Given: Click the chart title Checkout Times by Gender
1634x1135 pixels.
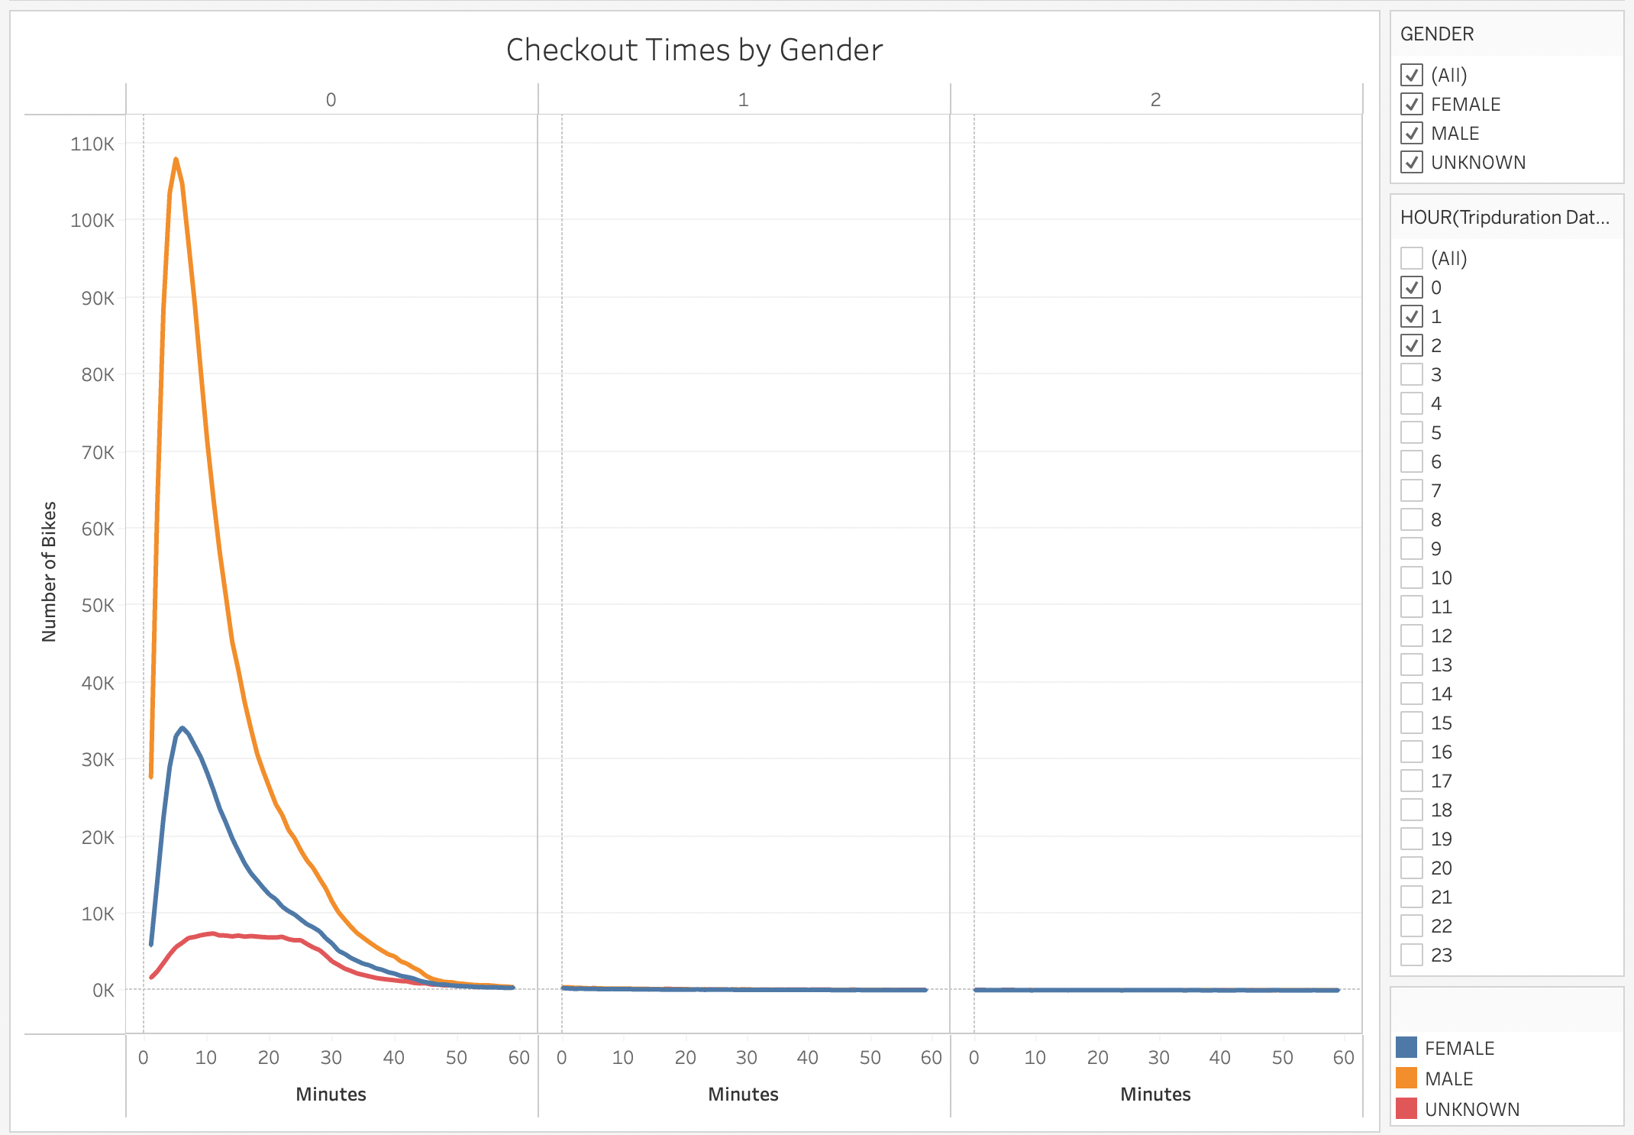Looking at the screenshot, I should coord(694,50).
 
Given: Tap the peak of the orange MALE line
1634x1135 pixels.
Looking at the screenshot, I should coord(176,160).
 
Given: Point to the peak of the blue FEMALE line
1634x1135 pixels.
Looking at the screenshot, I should coord(182,728).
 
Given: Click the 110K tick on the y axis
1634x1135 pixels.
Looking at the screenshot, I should coord(92,144).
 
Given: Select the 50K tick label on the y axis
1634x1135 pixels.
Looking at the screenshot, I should coord(98,606).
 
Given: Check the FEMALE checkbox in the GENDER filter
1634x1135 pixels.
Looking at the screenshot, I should coord(1412,104).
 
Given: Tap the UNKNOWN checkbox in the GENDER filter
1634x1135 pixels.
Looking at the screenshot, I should coord(1412,162).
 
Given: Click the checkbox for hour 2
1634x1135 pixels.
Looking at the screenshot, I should coord(1412,345).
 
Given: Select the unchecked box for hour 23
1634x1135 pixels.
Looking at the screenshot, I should coord(1412,955).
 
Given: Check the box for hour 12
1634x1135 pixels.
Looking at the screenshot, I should coord(1412,635).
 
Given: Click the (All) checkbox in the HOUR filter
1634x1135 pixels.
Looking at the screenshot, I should coord(1412,258).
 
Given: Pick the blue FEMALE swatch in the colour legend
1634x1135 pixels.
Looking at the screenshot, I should coord(1406,1047).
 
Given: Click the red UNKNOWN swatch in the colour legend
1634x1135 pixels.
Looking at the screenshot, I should coord(1406,1108).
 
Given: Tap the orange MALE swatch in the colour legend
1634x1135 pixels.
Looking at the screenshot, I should coord(1406,1078).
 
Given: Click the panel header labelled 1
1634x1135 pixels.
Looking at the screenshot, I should coord(743,99).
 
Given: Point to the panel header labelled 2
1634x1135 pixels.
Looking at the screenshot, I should coord(1155,99).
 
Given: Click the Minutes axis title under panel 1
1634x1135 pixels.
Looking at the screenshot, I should coord(743,1094).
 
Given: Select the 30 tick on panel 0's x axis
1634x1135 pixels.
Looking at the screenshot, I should coord(331,1057).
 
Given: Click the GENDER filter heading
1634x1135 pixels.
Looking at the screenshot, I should coord(1437,34).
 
